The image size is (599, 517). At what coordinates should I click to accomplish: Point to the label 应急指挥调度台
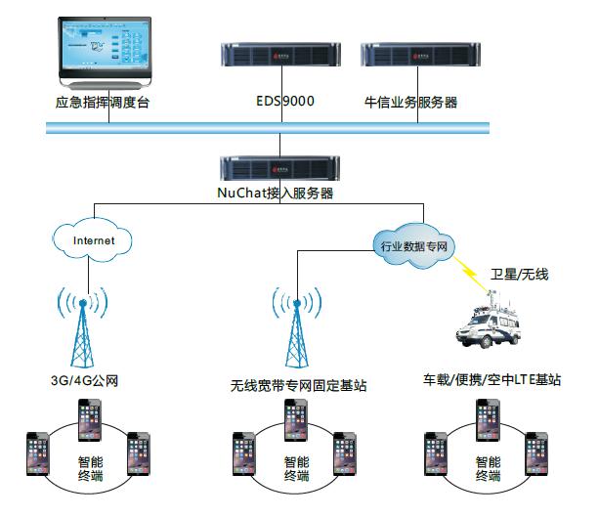point(101,102)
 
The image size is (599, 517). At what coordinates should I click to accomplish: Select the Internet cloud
point(93,238)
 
